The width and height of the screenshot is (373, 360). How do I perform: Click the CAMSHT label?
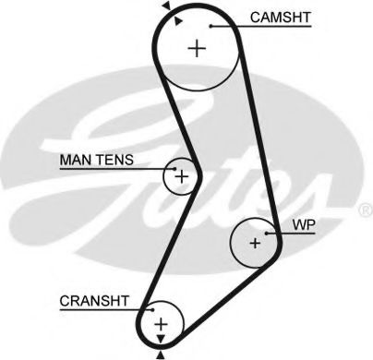281,18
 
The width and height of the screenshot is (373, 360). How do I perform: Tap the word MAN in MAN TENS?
75,161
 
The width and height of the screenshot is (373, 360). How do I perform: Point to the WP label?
304,225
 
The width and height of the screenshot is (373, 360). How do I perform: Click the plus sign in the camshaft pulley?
197,49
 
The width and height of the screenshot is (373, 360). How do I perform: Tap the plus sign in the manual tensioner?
182,174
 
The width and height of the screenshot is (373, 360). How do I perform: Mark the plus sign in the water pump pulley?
256,244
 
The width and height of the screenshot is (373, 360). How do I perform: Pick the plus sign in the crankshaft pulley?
161,323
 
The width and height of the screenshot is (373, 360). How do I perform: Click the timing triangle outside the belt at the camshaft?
166,6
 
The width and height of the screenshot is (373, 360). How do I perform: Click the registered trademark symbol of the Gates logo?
361,210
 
